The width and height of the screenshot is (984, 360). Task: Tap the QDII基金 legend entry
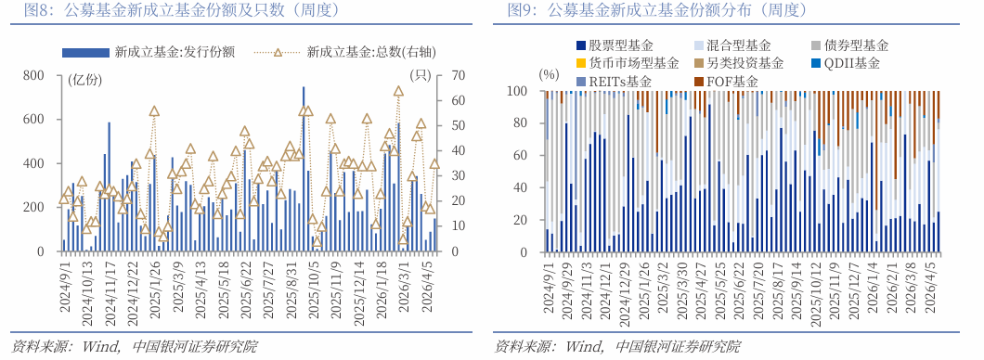point(852,63)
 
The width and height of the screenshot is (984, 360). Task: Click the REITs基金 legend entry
point(620,82)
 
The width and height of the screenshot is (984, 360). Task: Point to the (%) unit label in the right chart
point(549,74)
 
